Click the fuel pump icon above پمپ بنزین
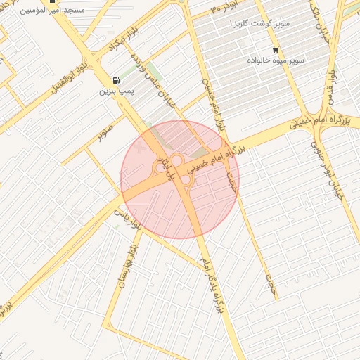(x=115, y=80)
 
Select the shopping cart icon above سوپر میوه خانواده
(x=275, y=50)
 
